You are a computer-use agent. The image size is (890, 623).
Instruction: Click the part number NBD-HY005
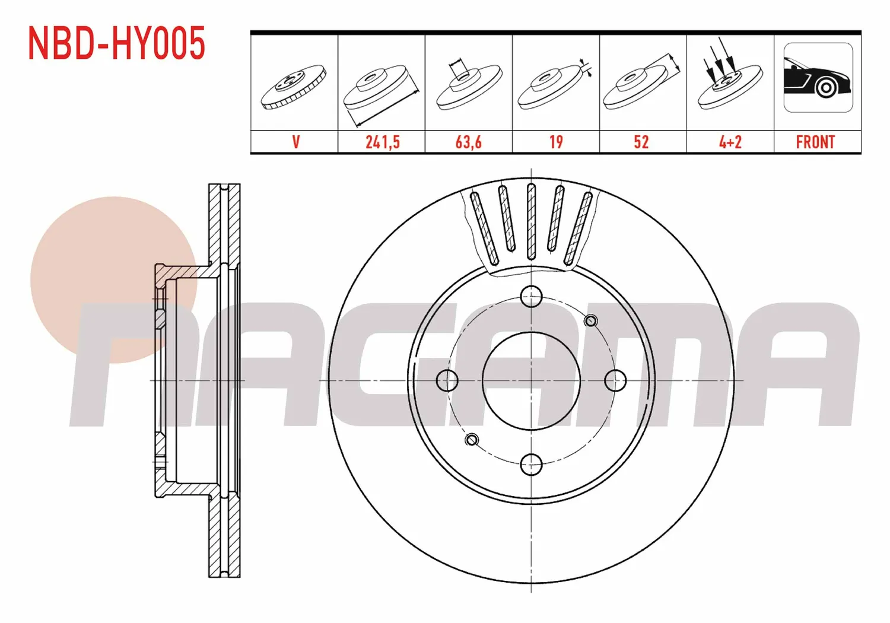[116, 43]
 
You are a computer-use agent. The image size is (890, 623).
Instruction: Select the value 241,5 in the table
[382, 142]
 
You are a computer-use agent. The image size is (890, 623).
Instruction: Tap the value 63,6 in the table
[469, 142]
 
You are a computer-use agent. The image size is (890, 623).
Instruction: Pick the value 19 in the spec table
[556, 142]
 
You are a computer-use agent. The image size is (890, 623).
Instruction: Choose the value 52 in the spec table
[641, 142]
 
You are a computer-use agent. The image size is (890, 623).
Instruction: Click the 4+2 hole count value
[730, 142]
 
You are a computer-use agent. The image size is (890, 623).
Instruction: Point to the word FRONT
[815, 142]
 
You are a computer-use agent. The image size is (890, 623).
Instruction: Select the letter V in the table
[295, 142]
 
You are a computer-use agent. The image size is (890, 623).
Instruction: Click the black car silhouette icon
[818, 78]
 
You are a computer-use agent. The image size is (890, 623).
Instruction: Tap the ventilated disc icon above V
[294, 87]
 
